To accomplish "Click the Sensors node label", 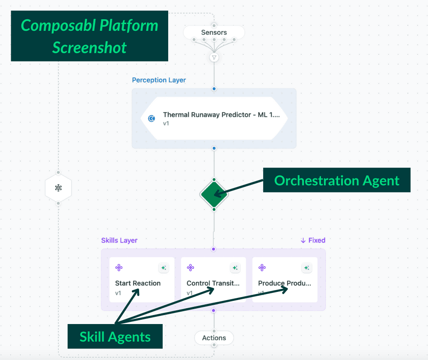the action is [x=214, y=32].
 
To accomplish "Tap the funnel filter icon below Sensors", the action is [x=214, y=58].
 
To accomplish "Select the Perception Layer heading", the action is [x=159, y=80].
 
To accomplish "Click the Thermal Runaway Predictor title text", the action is [x=221, y=115].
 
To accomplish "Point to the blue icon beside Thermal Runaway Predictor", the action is [x=152, y=118].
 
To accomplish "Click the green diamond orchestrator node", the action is [x=214, y=195].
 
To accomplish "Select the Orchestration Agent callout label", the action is [x=336, y=180].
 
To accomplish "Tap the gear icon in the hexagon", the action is [x=58, y=188].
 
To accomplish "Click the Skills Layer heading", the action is [x=119, y=240].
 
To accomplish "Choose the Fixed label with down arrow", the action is [x=313, y=240].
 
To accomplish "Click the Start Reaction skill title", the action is [x=138, y=283].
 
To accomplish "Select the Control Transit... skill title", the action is [x=213, y=283].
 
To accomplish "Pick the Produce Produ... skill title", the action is [x=285, y=283].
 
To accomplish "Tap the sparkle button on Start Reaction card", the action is [x=164, y=268].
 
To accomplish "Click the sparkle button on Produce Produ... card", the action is [x=307, y=268].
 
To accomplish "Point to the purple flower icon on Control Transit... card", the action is [x=190, y=268].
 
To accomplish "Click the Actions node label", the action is [x=214, y=338].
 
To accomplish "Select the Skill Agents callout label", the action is [x=115, y=336].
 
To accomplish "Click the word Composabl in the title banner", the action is [x=59, y=26].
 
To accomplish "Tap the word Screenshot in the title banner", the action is [x=89, y=48].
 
